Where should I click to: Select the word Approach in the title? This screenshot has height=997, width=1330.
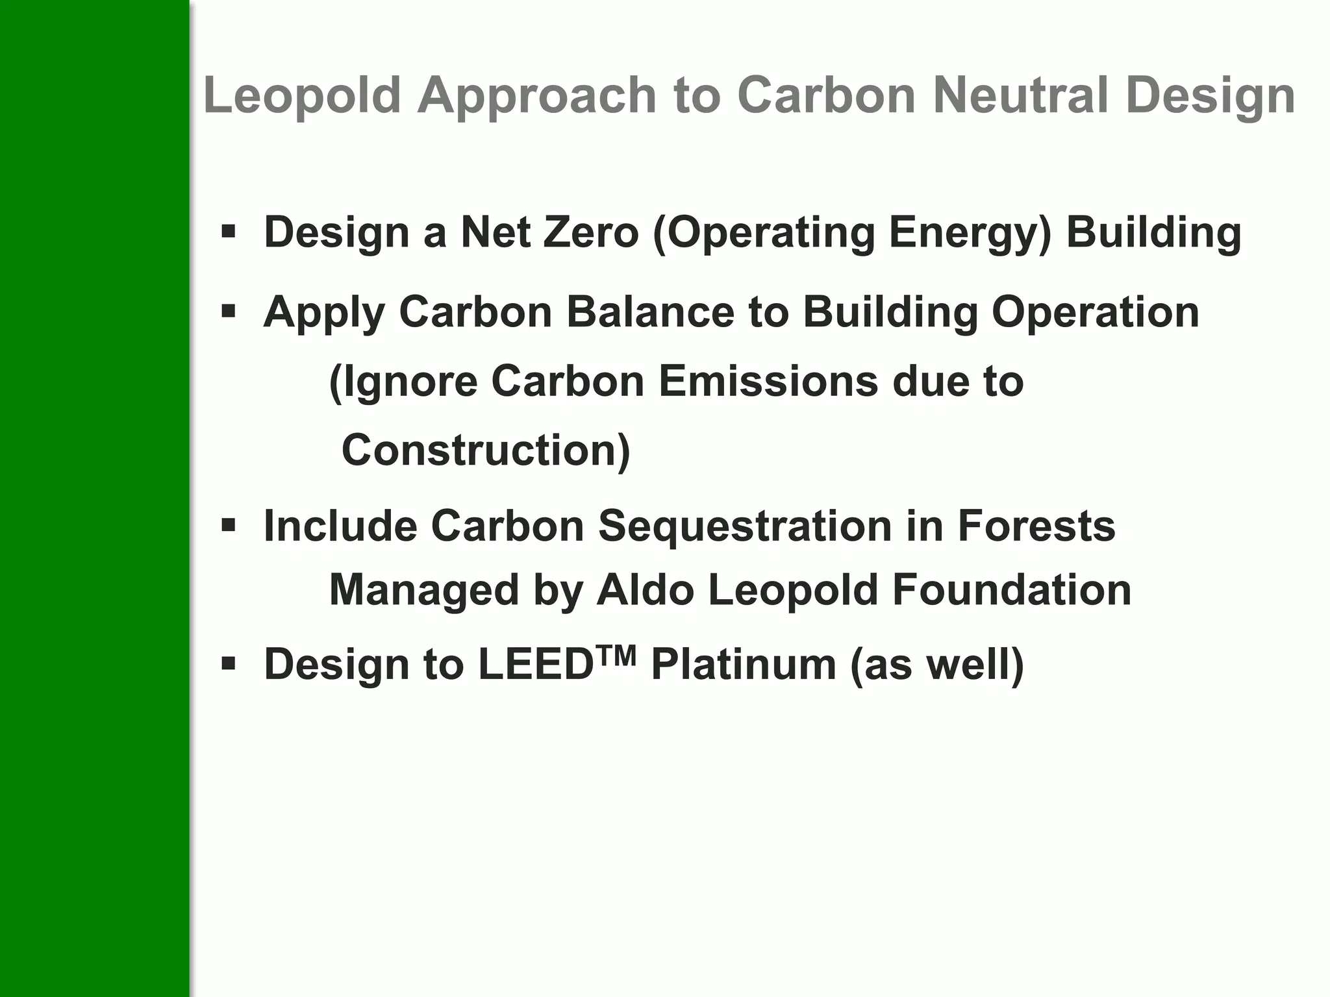(537, 95)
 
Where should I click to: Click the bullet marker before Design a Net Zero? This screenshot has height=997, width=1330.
(228, 231)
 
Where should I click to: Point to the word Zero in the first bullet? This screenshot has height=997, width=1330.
(591, 232)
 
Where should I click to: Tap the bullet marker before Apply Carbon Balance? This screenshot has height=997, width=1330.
(228, 312)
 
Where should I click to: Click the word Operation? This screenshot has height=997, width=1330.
(1095, 312)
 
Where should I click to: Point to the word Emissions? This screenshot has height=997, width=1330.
(768, 381)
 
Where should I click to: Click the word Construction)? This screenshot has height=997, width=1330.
(486, 450)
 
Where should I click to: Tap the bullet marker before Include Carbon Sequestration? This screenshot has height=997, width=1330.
(228, 524)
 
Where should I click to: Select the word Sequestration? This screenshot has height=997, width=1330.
(745, 525)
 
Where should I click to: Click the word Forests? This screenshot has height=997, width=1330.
(1036, 525)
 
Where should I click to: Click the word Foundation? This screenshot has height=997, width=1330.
(1011, 590)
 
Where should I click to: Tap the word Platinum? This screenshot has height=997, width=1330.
(744, 665)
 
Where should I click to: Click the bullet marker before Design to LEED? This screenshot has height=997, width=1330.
(228, 664)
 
